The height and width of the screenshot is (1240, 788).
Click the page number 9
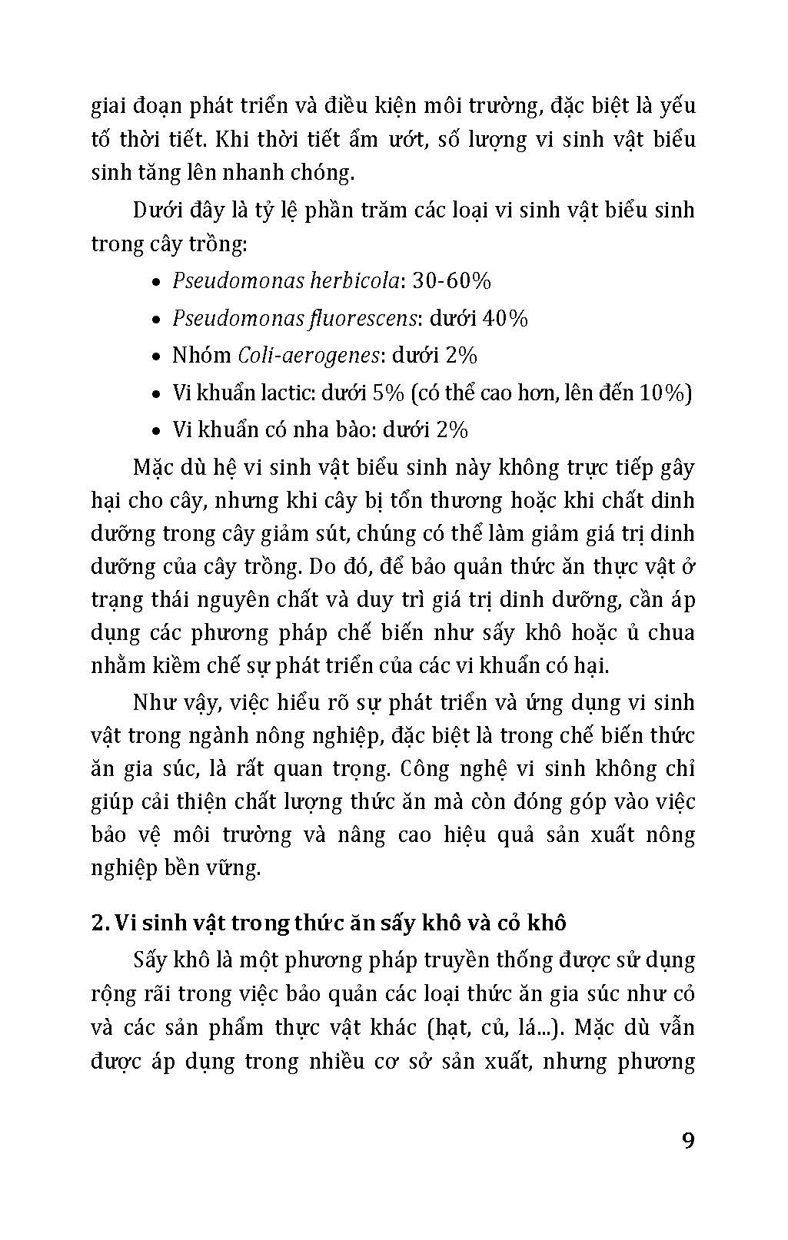[x=687, y=1139]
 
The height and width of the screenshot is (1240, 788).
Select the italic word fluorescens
[x=361, y=318]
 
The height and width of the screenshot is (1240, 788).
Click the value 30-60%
[x=452, y=281]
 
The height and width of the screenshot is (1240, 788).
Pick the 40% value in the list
[x=505, y=318]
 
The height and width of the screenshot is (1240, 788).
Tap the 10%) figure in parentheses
[x=666, y=393]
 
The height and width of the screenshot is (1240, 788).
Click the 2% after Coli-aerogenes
[x=460, y=355]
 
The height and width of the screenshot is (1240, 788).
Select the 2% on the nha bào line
[x=451, y=429]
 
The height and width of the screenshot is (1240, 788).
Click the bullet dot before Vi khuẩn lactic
[x=156, y=394]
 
